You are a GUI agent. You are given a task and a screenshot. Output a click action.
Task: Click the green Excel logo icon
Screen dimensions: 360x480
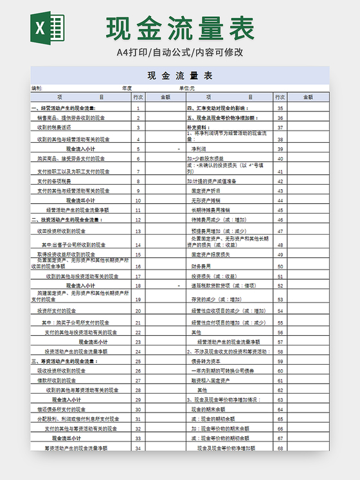pos(48,29)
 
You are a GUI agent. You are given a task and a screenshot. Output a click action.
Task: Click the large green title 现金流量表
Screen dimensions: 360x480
pos(181,29)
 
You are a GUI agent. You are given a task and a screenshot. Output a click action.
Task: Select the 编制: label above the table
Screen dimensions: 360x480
pos(37,88)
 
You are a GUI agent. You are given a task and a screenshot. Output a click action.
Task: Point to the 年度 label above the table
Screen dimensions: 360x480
pos(127,88)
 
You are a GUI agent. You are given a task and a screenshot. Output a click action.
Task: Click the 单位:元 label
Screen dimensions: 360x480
pos(187,88)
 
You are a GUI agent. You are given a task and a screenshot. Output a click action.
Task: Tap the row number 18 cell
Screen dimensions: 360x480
pos(138,285)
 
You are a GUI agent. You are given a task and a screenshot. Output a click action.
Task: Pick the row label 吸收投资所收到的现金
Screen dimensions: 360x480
pos(62,371)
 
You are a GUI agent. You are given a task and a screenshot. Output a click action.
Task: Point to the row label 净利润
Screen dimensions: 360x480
pos(202,149)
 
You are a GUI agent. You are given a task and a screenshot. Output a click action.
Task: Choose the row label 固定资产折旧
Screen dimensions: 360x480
pos(206,190)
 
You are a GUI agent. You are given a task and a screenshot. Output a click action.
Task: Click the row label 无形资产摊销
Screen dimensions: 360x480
pos(206,200)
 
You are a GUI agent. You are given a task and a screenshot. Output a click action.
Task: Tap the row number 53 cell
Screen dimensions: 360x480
pos(280,299)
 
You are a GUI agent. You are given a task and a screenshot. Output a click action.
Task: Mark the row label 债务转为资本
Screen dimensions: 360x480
pos(204,361)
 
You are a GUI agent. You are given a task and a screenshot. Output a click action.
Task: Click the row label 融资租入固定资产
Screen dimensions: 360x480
pos(210,380)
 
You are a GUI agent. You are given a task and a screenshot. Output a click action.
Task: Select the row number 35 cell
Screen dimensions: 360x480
pos(280,108)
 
